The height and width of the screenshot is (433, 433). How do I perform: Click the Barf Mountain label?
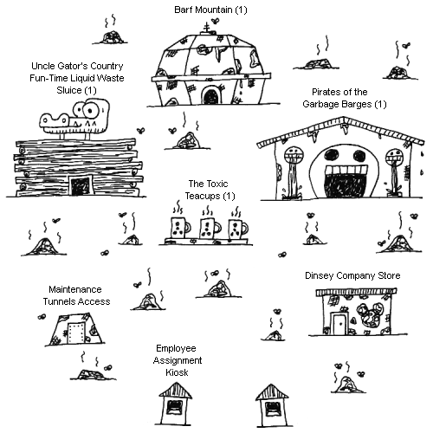(210, 10)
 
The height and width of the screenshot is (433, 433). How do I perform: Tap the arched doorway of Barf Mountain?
(210, 96)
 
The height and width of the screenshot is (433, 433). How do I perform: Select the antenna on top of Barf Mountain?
(206, 29)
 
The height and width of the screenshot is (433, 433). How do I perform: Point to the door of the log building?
(81, 186)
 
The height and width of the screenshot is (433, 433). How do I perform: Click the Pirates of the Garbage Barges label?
(344, 98)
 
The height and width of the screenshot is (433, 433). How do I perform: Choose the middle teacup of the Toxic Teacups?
(210, 228)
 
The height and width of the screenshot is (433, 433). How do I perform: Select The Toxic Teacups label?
(210, 190)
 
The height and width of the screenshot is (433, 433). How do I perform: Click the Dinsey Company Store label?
(352, 275)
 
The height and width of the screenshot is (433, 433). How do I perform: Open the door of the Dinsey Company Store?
(339, 323)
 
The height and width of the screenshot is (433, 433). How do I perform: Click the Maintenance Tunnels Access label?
(76, 295)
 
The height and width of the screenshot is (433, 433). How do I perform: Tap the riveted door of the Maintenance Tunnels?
(76, 333)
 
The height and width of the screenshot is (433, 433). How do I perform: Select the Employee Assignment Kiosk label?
(178, 360)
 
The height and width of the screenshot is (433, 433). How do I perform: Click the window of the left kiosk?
(175, 407)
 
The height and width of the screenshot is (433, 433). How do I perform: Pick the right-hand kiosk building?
(272, 405)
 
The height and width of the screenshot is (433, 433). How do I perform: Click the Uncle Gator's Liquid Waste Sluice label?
(77, 78)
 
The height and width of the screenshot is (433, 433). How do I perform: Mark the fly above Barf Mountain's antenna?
(215, 21)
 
